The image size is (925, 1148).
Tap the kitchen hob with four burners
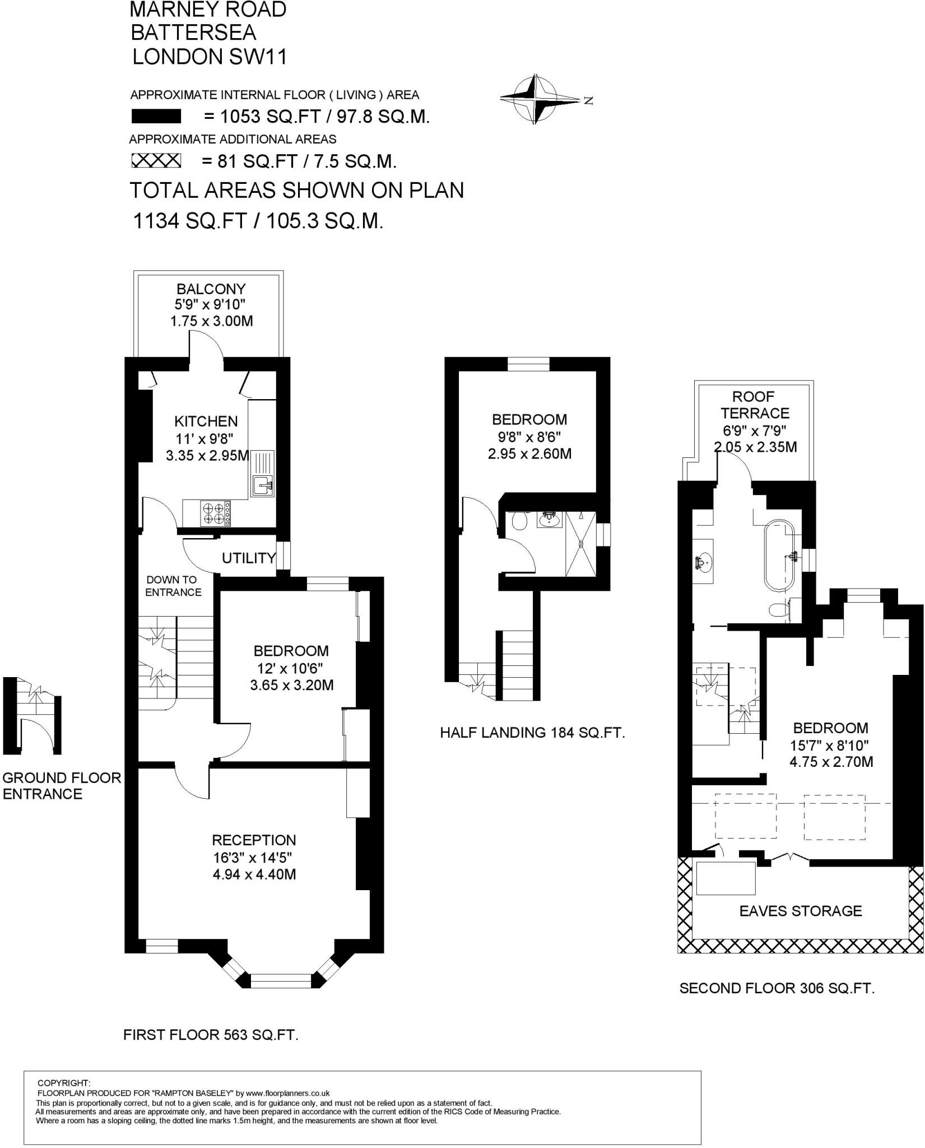pos(216,513)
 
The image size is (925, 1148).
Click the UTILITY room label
pos(248,558)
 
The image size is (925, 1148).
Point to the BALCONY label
pos(211,289)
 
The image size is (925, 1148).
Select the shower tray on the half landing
pos(580,543)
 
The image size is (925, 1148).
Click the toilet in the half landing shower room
pos(519,522)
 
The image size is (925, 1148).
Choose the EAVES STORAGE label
pos(800,911)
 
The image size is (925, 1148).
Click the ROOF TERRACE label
pos(754,405)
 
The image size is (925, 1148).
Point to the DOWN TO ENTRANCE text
pos(173,586)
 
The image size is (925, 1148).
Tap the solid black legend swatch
pos(156,117)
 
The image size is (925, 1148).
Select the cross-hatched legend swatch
pos(156,161)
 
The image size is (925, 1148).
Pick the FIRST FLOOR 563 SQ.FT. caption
pos(211,1035)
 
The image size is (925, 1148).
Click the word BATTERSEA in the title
pos(193,33)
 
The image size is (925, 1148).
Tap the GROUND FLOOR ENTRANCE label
pos(62,785)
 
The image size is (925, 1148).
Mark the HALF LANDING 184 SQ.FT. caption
pos(532,732)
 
